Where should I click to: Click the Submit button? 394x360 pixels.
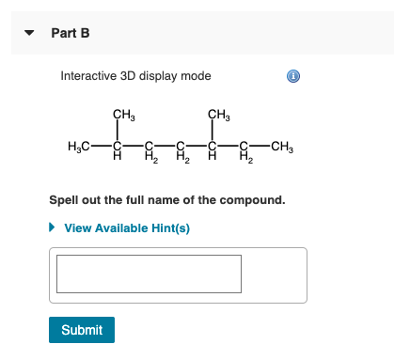tap(82, 330)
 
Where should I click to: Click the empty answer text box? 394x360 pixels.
tap(149, 274)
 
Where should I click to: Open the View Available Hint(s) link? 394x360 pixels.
tap(127, 228)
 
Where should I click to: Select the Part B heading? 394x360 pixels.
tap(71, 33)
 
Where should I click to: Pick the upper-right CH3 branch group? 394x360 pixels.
tap(217, 115)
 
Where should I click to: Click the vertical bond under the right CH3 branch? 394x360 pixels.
tap(213, 131)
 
